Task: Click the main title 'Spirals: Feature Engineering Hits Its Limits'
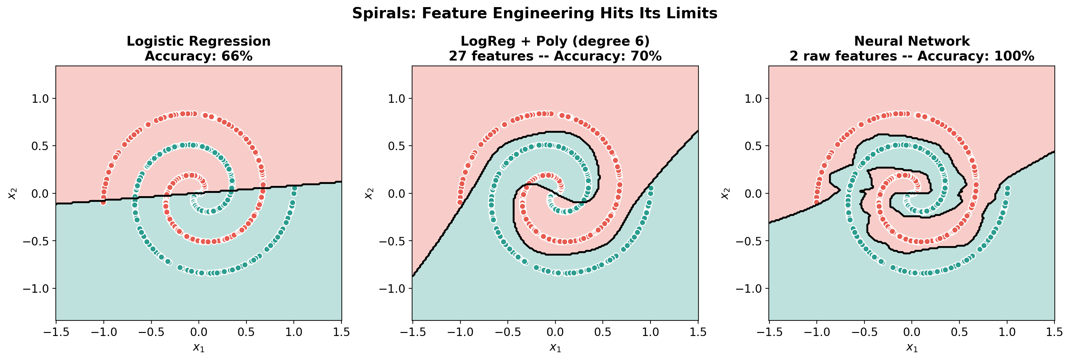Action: click(534, 13)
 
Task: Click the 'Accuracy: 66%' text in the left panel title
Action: click(198, 56)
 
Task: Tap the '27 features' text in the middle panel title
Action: click(491, 56)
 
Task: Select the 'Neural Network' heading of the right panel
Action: click(912, 41)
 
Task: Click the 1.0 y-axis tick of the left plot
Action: click(40, 99)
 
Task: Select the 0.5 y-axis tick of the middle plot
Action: click(397, 146)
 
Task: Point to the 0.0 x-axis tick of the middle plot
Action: click(555, 332)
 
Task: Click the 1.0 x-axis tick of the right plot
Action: click(1007, 332)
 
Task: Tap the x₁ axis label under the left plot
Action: click(198, 347)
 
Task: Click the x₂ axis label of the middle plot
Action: click(369, 193)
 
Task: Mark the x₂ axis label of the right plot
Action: click(725, 193)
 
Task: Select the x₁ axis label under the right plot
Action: click(912, 347)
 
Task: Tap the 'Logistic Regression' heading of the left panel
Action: click(198, 41)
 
